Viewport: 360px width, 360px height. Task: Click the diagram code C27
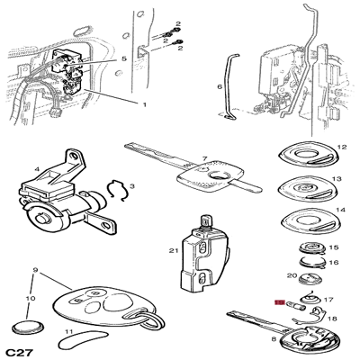pos(20,353)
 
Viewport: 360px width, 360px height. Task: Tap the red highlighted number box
pos(280,303)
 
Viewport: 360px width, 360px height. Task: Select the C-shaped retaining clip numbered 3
pos(116,191)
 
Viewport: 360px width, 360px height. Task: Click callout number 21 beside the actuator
pos(174,250)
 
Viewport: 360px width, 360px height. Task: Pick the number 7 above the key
pos(205,158)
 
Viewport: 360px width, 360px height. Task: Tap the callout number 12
pos(342,147)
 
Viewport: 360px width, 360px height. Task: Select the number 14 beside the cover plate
pos(340,210)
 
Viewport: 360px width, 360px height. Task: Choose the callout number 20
pos(292,275)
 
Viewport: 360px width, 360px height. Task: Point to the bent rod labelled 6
pos(230,87)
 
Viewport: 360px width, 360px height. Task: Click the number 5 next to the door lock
pos(124,58)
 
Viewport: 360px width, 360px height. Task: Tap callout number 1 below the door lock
pos(144,104)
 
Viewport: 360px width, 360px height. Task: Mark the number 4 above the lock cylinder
pos(37,169)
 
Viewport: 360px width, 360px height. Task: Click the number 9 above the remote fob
pos(35,271)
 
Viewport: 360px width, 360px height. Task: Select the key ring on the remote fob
pos(154,321)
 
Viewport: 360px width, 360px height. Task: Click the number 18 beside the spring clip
pos(332,319)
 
